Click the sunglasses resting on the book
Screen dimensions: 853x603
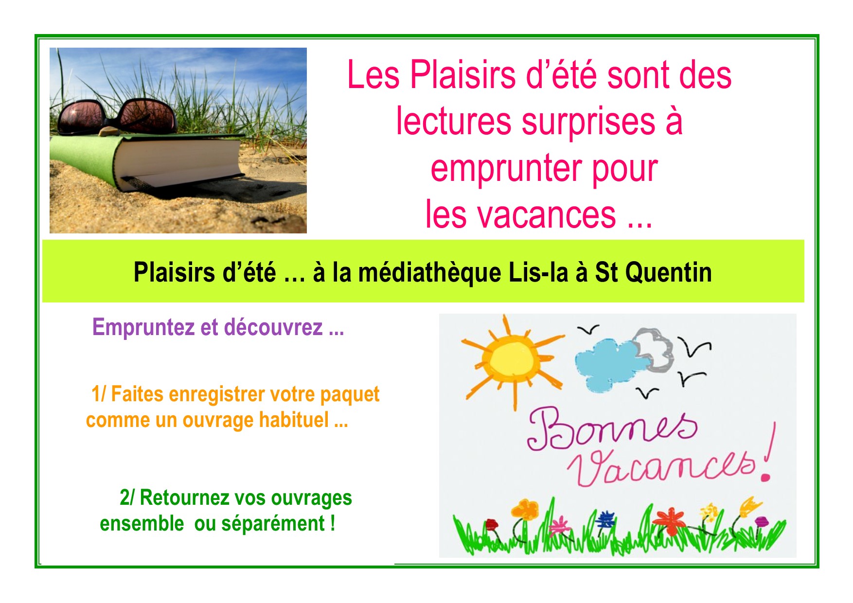coord(117,116)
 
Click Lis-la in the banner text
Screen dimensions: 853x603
coord(538,272)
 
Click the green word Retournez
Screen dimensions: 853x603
coord(184,497)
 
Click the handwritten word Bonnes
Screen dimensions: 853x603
coord(612,428)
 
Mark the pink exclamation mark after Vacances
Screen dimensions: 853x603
coord(769,452)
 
